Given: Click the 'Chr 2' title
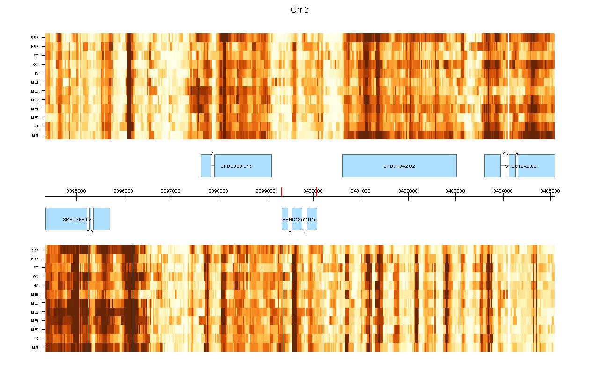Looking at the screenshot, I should point(299,10).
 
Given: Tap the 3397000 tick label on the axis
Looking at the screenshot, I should point(171,191).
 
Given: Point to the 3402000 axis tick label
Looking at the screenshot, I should point(408,191).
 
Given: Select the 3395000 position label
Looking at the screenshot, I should point(76,191).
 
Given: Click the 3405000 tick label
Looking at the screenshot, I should point(550,191).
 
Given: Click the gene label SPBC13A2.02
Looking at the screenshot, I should point(399,166).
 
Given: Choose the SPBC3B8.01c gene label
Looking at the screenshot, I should point(236,166).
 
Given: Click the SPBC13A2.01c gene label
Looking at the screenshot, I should point(299,219).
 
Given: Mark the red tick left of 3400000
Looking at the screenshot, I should point(282,192).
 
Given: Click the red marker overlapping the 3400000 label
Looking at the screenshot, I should point(317,192).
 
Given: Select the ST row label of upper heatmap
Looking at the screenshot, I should point(36,56).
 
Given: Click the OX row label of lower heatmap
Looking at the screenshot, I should point(36,277).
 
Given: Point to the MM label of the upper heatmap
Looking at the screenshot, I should point(35,135).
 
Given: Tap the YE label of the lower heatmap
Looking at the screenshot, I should point(36,338).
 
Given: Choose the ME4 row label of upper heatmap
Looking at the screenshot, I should point(35,82).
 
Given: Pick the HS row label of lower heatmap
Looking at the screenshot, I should point(36,285).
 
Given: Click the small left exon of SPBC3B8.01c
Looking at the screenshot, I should point(205,165).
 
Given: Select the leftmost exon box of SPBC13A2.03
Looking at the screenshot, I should point(492,165).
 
